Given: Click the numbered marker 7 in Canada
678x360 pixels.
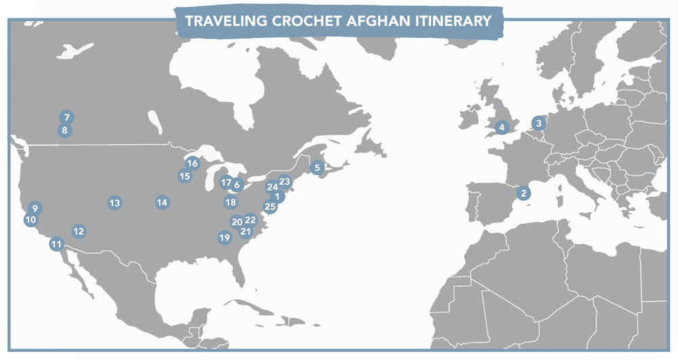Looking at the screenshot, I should [x=66, y=117].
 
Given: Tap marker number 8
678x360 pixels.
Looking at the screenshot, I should [x=64, y=130].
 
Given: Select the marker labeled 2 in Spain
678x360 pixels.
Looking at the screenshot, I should [x=523, y=193].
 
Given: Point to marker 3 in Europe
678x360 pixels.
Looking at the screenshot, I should [x=538, y=123].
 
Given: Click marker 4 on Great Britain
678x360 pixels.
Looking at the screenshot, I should [x=502, y=127].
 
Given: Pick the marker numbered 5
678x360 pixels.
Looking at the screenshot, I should [x=317, y=167].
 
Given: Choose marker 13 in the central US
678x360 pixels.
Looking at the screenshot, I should [x=115, y=203].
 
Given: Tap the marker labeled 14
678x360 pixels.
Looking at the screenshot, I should [x=161, y=202].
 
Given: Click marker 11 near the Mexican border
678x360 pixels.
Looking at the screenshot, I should [x=56, y=244].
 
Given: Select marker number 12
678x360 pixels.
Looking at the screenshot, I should [x=79, y=231].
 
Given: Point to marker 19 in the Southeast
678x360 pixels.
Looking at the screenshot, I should [x=224, y=237].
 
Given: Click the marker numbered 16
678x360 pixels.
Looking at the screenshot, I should [x=192, y=163].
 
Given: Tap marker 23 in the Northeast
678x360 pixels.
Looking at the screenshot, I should [x=285, y=182].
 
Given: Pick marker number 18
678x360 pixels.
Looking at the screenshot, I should [x=231, y=202].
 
